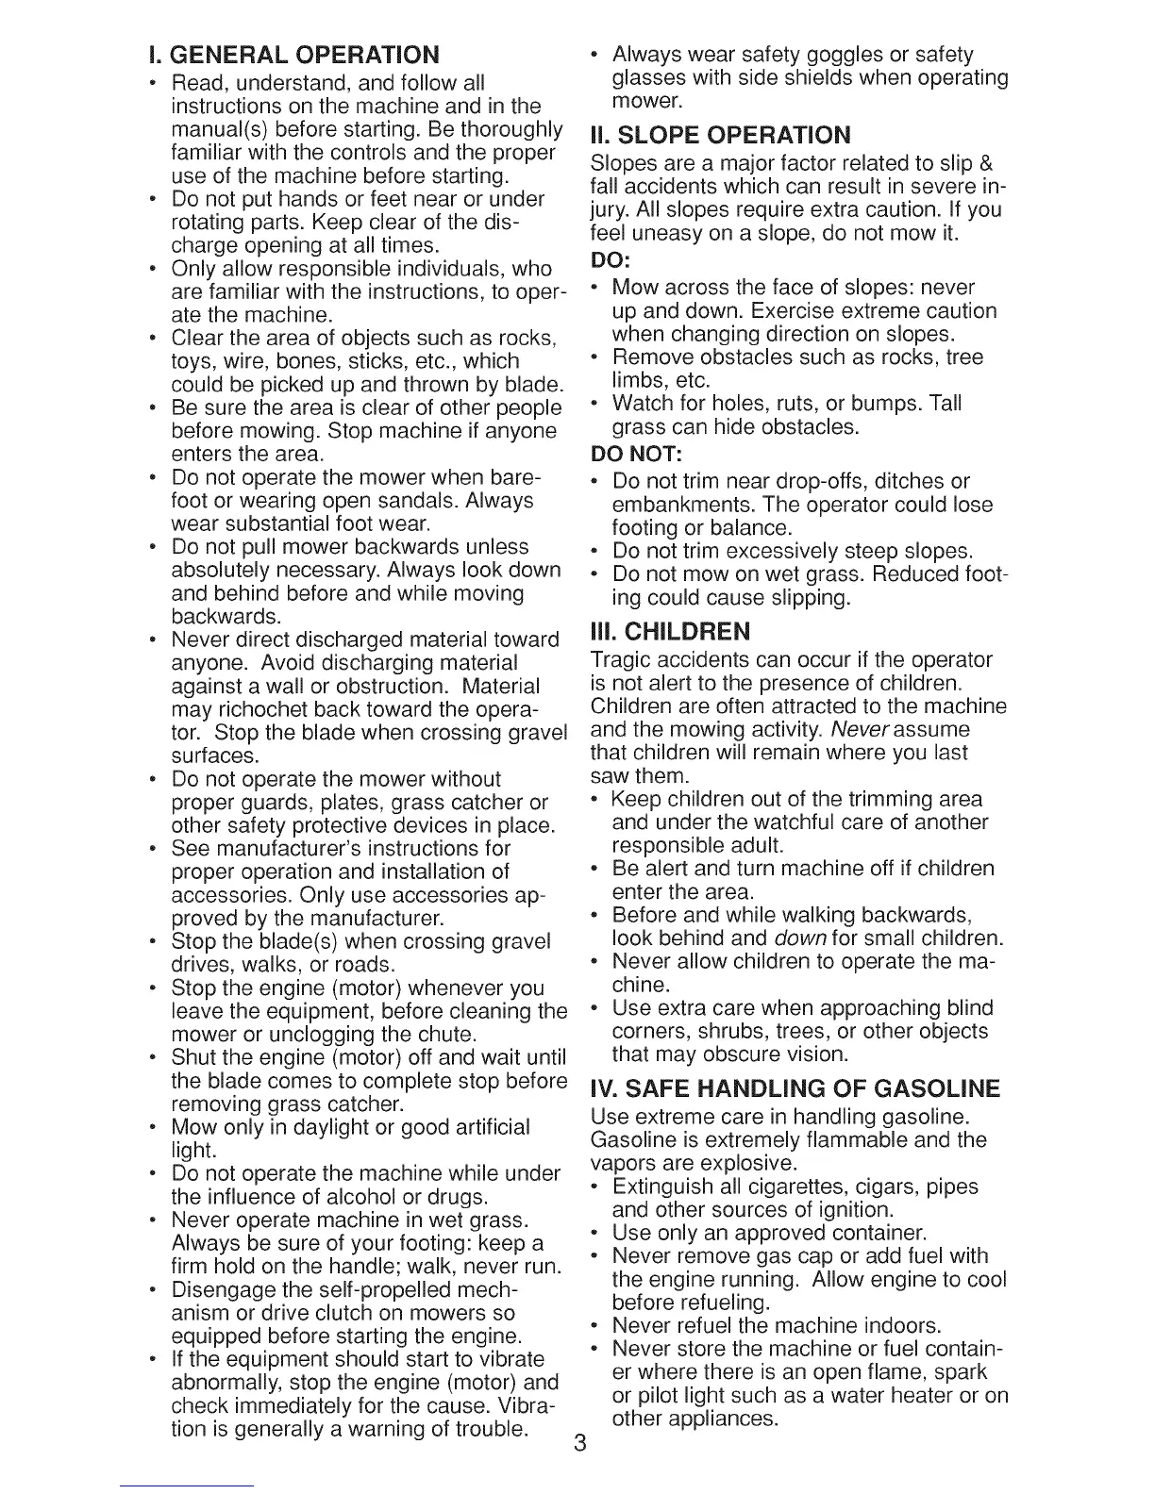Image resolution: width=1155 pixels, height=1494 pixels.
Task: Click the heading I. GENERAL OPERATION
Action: [287, 54]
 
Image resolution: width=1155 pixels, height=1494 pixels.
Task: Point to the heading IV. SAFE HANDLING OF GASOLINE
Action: [795, 1089]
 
